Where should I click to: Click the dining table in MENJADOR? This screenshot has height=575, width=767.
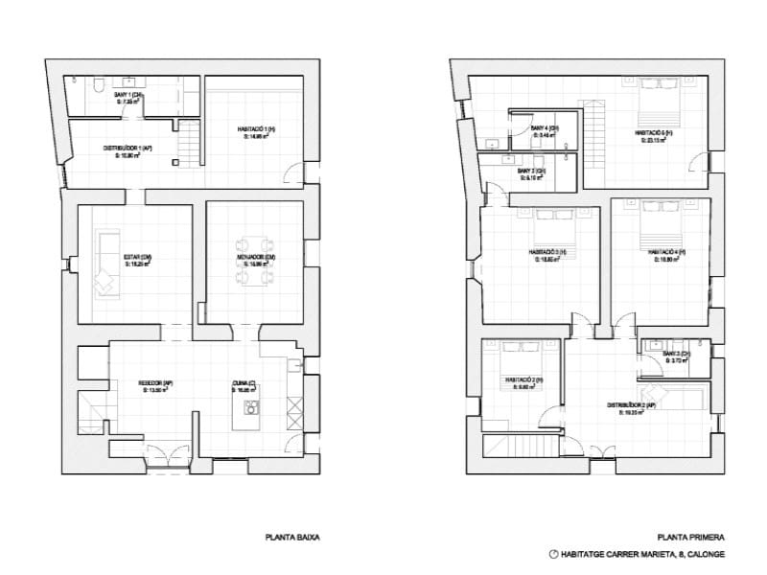[x=256, y=261]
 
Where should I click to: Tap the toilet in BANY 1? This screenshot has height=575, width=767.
[x=100, y=86]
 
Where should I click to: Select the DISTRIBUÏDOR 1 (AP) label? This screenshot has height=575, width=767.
[x=128, y=148]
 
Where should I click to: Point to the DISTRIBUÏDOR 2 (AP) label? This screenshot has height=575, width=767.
[x=631, y=405]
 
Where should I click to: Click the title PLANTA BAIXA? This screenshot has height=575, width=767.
[x=291, y=538]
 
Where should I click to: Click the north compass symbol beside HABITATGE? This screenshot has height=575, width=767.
[x=552, y=555]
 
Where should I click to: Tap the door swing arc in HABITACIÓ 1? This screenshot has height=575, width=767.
[x=291, y=172]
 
